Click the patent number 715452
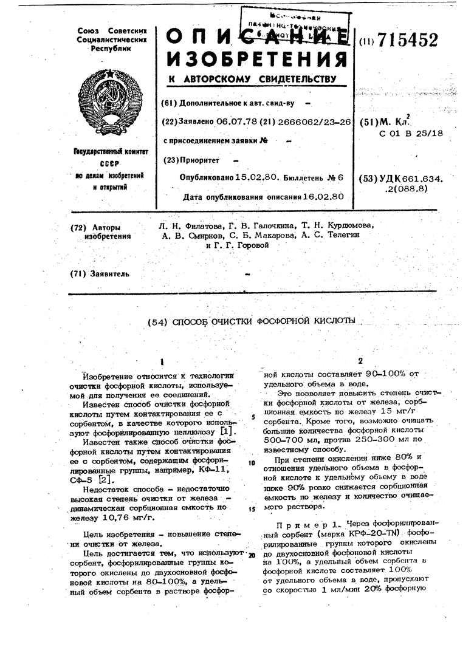click(x=408, y=41)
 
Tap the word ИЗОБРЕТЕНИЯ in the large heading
click(x=255, y=59)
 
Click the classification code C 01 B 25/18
click(x=410, y=132)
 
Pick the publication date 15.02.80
click(x=256, y=178)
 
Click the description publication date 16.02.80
click(x=323, y=197)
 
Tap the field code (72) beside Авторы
click(x=80, y=227)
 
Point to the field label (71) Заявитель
click(x=100, y=273)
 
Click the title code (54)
click(x=159, y=321)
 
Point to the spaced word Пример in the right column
click(x=297, y=523)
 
